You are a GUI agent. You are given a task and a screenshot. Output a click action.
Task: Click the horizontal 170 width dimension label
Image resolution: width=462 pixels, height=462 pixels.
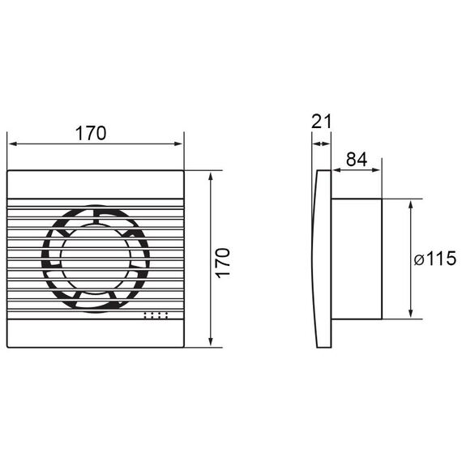click(91, 133)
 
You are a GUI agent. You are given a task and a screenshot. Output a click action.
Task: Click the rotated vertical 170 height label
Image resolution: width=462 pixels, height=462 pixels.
click(223, 263)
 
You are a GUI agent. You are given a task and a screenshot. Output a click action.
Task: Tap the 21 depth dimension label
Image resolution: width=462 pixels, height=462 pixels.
click(321, 121)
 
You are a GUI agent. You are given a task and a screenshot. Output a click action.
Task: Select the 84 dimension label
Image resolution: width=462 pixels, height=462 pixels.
click(357, 160)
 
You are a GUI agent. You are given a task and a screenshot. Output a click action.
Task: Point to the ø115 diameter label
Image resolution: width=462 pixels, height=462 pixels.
click(435, 259)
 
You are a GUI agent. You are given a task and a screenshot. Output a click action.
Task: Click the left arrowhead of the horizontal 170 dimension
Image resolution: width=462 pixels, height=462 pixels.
click(13, 143)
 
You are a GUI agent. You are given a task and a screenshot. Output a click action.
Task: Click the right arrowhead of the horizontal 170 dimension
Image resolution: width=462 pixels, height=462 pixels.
click(178, 143)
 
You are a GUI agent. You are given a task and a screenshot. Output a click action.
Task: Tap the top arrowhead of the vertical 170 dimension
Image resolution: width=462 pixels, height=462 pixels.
click(211, 177)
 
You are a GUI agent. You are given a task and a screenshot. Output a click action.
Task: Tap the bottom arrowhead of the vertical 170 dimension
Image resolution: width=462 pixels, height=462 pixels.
click(211, 341)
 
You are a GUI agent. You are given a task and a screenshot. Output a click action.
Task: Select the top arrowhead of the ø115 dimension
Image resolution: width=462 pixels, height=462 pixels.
click(411, 204)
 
